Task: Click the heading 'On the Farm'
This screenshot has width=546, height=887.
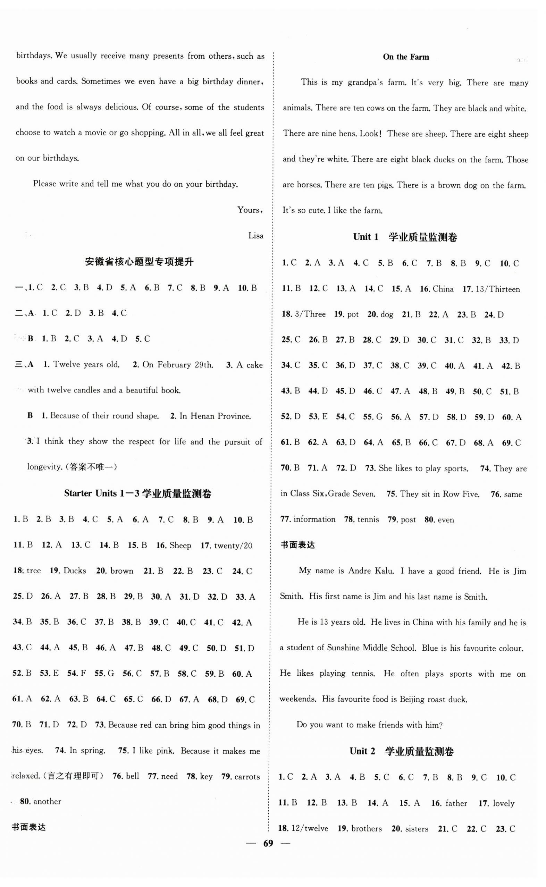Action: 405,57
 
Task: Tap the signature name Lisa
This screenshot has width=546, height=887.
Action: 256,236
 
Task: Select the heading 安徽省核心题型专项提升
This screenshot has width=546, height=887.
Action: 140,262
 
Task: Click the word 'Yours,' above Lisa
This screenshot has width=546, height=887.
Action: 250,210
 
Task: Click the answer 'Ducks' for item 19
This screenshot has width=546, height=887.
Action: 75,571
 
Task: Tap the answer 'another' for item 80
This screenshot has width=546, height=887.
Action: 47,802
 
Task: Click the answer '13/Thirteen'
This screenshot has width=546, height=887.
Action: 497,289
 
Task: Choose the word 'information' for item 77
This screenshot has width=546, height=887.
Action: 314,519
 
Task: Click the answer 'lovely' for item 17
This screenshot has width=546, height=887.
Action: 503,804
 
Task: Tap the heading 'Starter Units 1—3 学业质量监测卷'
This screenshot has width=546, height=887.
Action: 137,493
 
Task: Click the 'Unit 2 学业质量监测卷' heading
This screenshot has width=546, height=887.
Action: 401,752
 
